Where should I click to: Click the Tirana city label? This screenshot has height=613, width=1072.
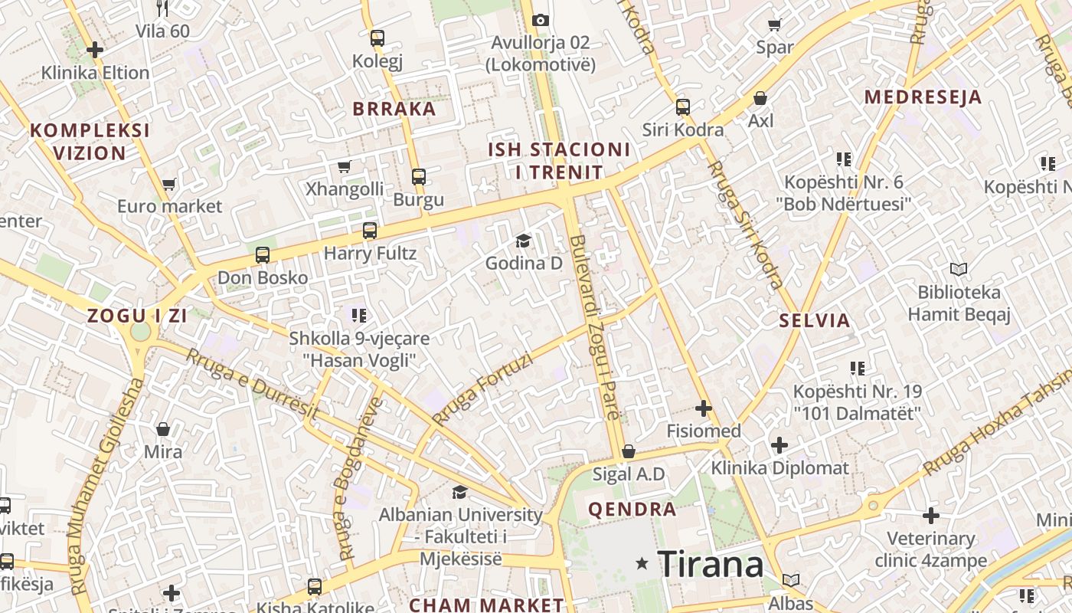point(711,565)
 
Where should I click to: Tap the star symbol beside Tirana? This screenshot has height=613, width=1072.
point(642,565)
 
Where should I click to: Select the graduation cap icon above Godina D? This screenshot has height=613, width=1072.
point(523,241)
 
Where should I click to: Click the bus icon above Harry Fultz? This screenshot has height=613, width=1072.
point(370,230)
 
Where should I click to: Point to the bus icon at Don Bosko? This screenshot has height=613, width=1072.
point(263,255)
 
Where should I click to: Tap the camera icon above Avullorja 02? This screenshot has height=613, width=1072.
point(541,20)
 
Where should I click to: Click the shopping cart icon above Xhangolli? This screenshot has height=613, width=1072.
point(344,167)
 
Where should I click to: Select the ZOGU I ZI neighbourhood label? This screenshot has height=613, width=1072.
point(137,315)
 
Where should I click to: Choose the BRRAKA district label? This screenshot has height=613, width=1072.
point(394,109)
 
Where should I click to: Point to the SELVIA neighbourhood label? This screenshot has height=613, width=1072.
point(815,320)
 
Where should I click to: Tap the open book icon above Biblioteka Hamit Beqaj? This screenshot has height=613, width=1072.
point(959,269)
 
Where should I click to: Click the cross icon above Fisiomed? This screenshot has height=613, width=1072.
point(704,408)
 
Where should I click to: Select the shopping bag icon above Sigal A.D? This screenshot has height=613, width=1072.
point(629,452)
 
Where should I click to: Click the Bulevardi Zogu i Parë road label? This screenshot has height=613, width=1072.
point(594,327)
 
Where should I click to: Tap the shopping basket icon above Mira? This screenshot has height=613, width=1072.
point(163,429)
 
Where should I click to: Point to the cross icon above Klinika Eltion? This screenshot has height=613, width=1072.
point(95,51)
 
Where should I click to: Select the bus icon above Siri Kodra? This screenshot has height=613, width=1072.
point(683,107)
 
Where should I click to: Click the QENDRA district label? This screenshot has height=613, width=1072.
point(632,509)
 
